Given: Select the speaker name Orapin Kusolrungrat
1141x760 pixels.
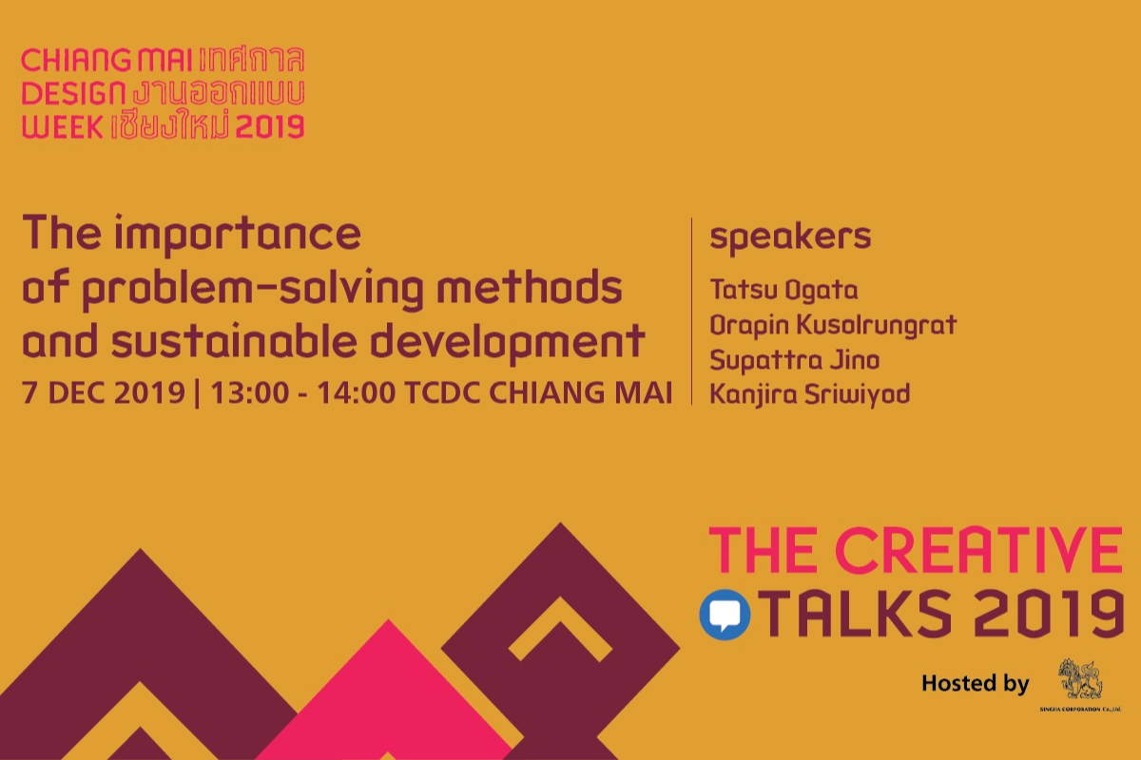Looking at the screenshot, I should (x=833, y=326).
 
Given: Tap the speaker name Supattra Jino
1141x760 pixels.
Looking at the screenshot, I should (x=794, y=360).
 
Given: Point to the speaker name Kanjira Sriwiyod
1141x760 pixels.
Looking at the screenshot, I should (x=809, y=393).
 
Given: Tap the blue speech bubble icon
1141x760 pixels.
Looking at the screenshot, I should (x=725, y=615).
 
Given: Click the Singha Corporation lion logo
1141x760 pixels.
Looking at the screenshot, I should (x=1078, y=678).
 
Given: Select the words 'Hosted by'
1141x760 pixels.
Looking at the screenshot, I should (x=975, y=683).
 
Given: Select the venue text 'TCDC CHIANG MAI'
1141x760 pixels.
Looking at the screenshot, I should (x=537, y=394).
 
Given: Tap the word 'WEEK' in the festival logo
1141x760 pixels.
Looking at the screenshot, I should (x=61, y=126).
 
